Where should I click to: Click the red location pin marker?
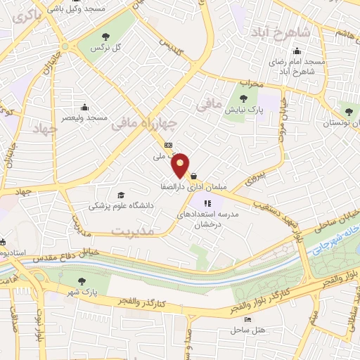[181, 165]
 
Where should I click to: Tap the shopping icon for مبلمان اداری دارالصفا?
[193, 176]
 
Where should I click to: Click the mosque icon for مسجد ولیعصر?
[85, 108]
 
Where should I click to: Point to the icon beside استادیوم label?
[4, 240]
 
